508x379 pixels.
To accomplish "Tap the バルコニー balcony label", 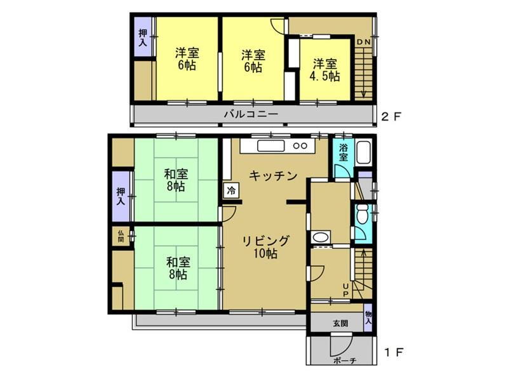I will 250,115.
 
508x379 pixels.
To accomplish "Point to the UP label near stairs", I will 345,289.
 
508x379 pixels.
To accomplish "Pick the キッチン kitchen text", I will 272,176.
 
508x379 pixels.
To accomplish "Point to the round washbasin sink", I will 320,238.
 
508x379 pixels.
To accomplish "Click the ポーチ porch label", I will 344,361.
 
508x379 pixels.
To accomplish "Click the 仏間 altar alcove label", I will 121,236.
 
